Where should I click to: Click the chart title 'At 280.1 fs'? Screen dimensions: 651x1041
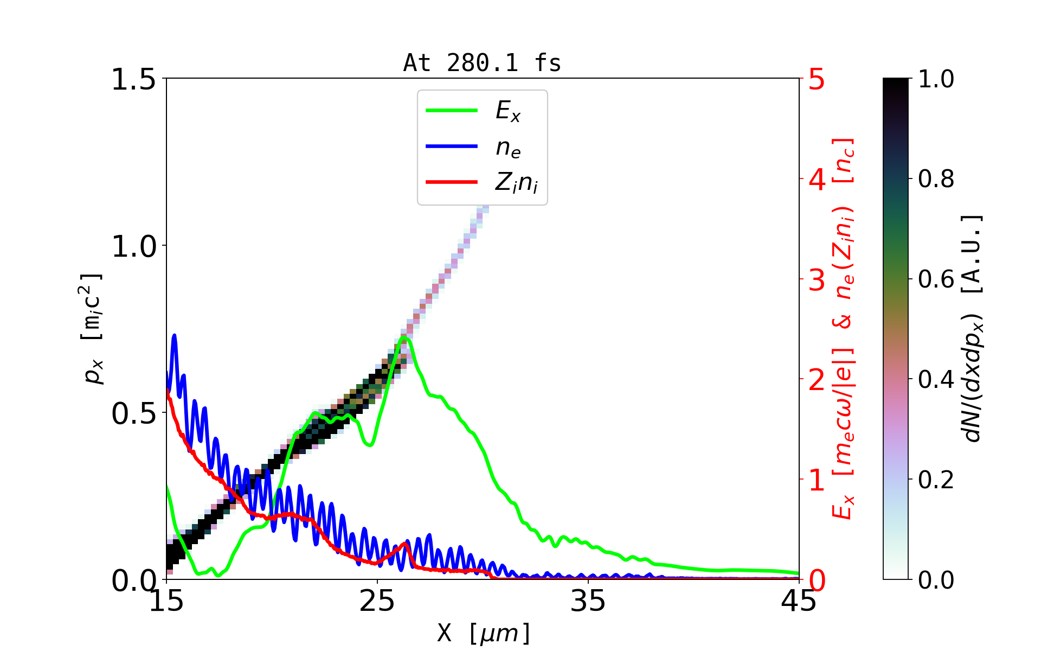[482, 63]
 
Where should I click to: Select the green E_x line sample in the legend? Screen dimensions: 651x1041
[452, 111]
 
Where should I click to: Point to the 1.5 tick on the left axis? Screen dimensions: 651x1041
[133, 79]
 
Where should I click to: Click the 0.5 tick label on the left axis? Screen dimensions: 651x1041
[133, 413]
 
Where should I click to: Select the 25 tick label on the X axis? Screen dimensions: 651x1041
[377, 602]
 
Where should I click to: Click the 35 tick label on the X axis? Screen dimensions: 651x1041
[588, 602]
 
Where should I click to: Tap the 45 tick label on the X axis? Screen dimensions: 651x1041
[799, 602]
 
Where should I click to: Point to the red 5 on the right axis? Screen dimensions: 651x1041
[817, 79]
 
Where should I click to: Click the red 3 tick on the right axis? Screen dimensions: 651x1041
[817, 280]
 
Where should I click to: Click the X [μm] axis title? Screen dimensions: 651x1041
[483, 633]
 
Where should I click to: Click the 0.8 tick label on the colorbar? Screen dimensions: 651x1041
[936, 179]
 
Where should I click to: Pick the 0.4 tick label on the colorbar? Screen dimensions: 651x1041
[936, 380]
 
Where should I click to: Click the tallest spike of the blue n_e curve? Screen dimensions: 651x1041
[174, 335]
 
